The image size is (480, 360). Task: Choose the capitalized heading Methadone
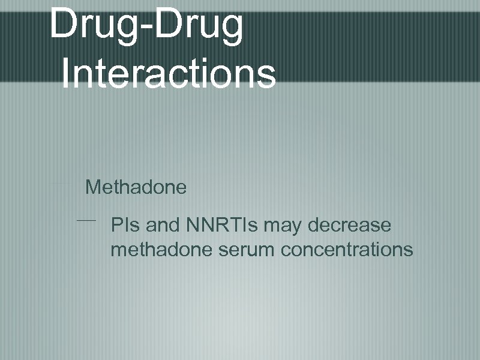(136, 187)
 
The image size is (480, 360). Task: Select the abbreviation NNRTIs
(222, 226)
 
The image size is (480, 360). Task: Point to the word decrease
(350, 226)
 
